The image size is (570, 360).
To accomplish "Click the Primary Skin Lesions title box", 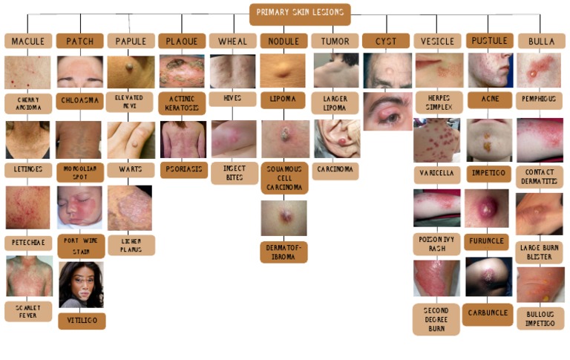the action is point(300,13).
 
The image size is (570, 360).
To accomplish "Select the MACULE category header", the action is point(28,41).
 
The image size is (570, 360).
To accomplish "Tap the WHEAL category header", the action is point(232,41).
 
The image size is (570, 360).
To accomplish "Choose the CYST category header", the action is point(386,41).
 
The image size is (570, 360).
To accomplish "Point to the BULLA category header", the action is point(540,41).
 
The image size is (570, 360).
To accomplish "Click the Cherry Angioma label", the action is point(28,103).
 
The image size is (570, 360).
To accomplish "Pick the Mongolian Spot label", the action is point(80,172).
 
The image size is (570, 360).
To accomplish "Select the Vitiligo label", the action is point(82,321).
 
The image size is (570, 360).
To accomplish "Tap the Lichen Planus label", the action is point(131,245).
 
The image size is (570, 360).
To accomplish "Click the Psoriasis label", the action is point(183,169).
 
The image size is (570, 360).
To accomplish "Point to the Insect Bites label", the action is point(235,173).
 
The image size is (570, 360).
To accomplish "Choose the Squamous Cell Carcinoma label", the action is point(284,177).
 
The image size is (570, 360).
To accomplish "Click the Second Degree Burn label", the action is point(436,318).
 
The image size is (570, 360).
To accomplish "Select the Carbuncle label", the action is point(488,313).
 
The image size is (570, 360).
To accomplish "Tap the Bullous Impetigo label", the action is point(540,318).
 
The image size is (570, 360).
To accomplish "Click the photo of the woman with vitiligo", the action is point(81,284).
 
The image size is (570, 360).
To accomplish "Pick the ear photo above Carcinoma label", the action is point(335,139).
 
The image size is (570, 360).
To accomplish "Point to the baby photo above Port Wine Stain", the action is point(80,209).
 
